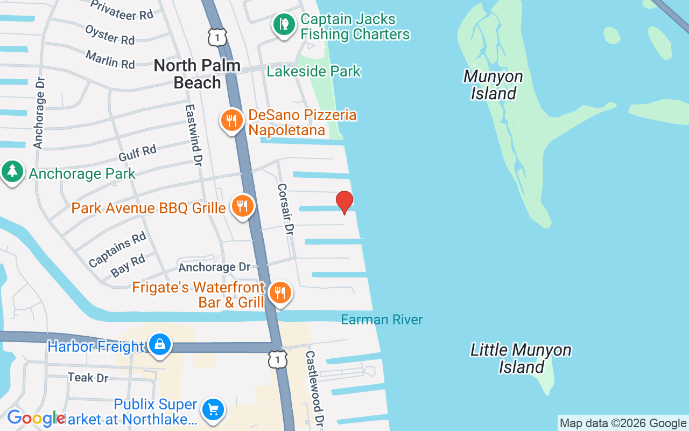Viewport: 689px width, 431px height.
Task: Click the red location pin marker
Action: coord(344,202)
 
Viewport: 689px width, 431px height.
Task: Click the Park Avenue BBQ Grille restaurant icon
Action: coord(243,206)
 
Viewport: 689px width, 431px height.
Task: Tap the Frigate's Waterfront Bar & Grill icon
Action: coord(279,293)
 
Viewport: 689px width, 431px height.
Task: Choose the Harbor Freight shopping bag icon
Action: coord(160,344)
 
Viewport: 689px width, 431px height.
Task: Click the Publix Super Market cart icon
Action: coord(213,410)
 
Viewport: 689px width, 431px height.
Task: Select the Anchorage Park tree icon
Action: coord(12,172)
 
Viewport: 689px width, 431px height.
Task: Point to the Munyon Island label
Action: coord(493,85)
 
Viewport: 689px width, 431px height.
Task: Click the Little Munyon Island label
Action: coord(521,358)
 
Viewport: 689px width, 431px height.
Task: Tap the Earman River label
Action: coord(382,319)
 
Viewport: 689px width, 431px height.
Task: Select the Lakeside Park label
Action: coord(314,71)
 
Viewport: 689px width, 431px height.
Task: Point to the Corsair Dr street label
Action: coord(285,209)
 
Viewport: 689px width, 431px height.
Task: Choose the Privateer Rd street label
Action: coord(122,10)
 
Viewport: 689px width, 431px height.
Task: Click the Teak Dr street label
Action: coord(88,377)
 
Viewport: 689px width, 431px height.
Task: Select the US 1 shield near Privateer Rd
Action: coord(217,37)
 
